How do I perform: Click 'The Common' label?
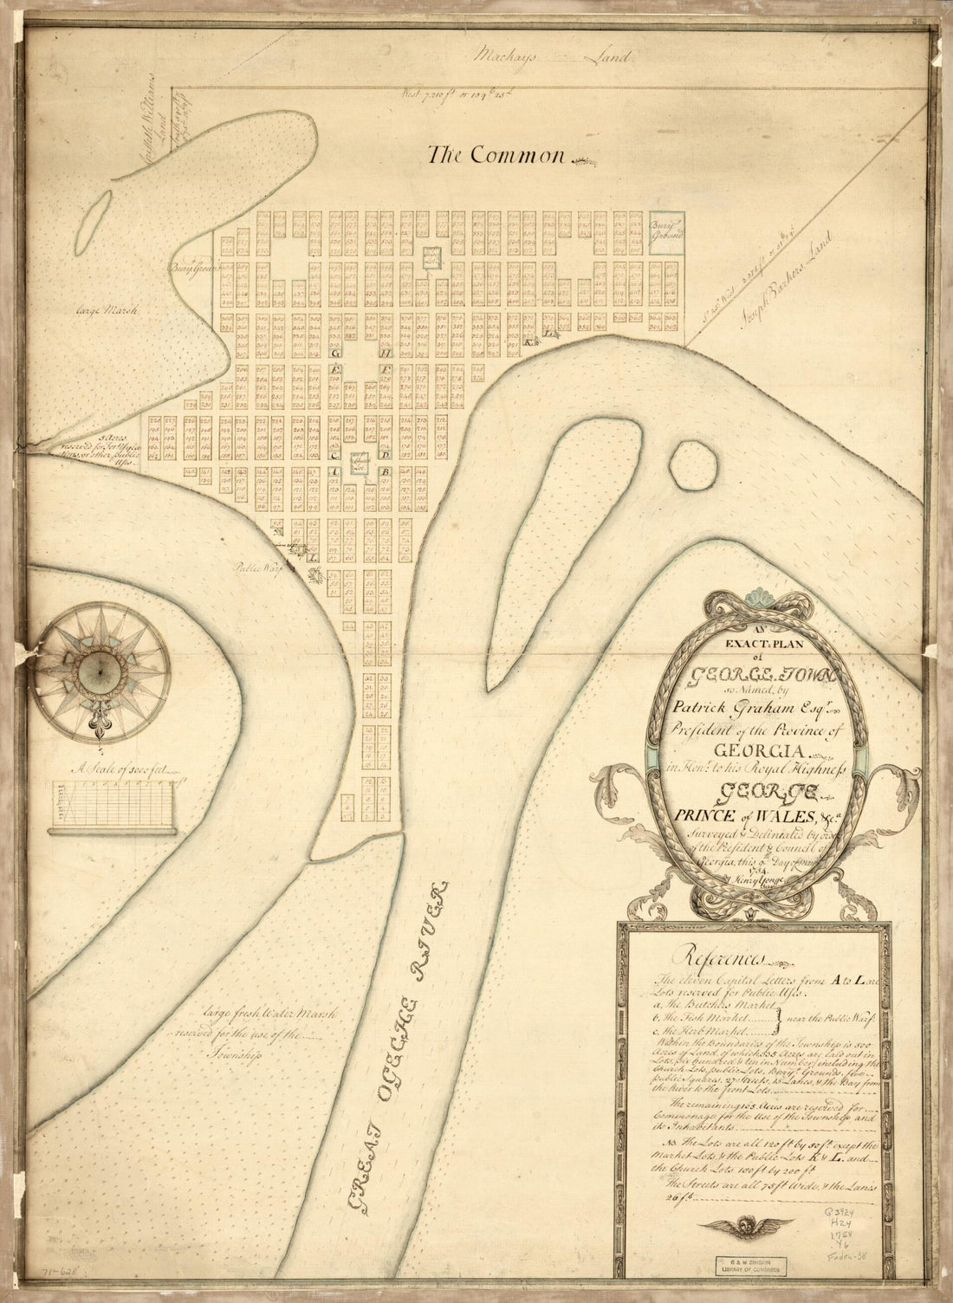point(496,155)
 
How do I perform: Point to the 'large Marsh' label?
point(100,308)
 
